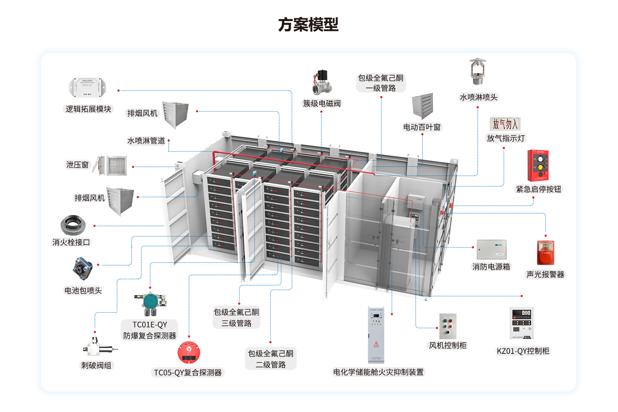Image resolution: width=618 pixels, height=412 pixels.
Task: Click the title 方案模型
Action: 308,25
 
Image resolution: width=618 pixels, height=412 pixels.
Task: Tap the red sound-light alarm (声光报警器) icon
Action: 545,252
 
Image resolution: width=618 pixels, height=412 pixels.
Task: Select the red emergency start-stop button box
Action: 538,165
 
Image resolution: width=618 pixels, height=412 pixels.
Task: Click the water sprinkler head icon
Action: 477,71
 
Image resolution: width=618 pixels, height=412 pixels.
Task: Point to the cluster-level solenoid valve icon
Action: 322,83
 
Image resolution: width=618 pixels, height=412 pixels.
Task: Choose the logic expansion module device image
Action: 87,87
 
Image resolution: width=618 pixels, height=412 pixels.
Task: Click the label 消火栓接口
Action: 71,242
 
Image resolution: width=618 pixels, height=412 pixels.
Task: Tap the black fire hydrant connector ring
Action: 73,225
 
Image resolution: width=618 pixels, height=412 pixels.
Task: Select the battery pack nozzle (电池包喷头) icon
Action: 83,268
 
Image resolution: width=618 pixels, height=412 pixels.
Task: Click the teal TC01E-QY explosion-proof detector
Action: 150,303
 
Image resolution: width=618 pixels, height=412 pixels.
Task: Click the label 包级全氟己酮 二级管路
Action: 271,359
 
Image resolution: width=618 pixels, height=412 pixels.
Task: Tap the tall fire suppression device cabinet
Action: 376,335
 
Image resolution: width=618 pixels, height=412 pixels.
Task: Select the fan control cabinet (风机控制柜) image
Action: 448,326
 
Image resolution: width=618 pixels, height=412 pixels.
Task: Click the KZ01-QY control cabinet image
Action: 522,323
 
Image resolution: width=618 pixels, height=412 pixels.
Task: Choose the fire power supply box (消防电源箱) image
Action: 491,249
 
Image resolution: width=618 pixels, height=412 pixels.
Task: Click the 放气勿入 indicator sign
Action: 505,124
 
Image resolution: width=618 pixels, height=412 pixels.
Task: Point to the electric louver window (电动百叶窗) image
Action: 423,106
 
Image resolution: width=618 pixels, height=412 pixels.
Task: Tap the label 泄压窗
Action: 77,165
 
